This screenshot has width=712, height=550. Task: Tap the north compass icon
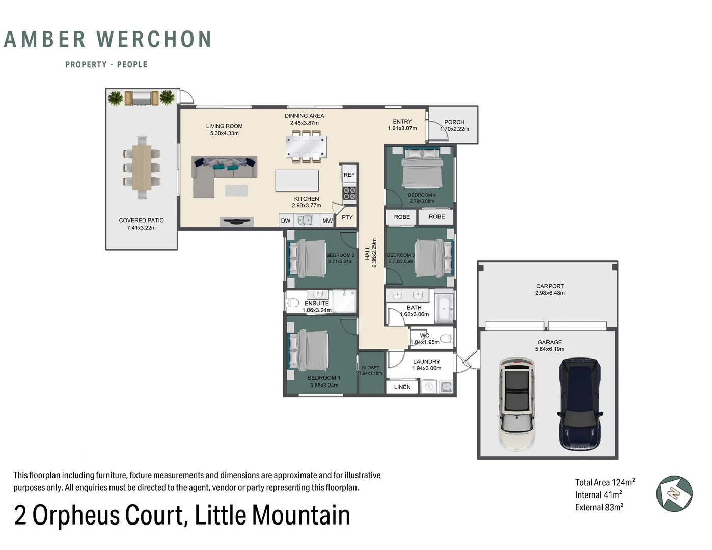pyautogui.click(x=674, y=493)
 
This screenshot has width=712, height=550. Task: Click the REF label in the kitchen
pyautogui.click(x=349, y=175)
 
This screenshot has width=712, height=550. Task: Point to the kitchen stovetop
pyautogui.click(x=349, y=193)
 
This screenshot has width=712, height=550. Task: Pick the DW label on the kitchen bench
pyautogui.click(x=286, y=221)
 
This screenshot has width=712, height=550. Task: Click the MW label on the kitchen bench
pyautogui.click(x=327, y=221)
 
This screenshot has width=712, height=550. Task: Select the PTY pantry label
pyautogui.click(x=347, y=217)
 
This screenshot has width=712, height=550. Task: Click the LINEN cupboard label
pyautogui.click(x=402, y=387)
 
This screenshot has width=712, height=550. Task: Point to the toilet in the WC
pyautogui.click(x=446, y=338)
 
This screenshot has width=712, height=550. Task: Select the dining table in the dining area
pyautogui.click(x=306, y=147)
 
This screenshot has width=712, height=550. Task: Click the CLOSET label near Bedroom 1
pyautogui.click(x=370, y=368)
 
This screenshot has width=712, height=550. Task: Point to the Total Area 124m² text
pyautogui.click(x=605, y=482)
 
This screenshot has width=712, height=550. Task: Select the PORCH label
pyautogui.click(x=454, y=122)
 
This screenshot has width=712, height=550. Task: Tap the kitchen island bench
pyautogui.click(x=297, y=180)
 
